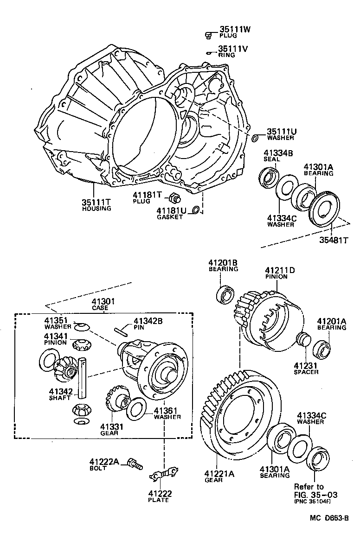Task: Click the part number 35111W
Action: coord(234,29)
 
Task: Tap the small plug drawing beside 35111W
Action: coord(209,34)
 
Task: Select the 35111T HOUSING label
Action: coord(96,205)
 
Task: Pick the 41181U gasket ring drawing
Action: coord(196,210)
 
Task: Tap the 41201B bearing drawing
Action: coord(226,294)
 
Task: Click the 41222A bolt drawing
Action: coord(136,464)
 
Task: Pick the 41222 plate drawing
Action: coord(163,473)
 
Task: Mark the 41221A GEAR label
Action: coord(219,477)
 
